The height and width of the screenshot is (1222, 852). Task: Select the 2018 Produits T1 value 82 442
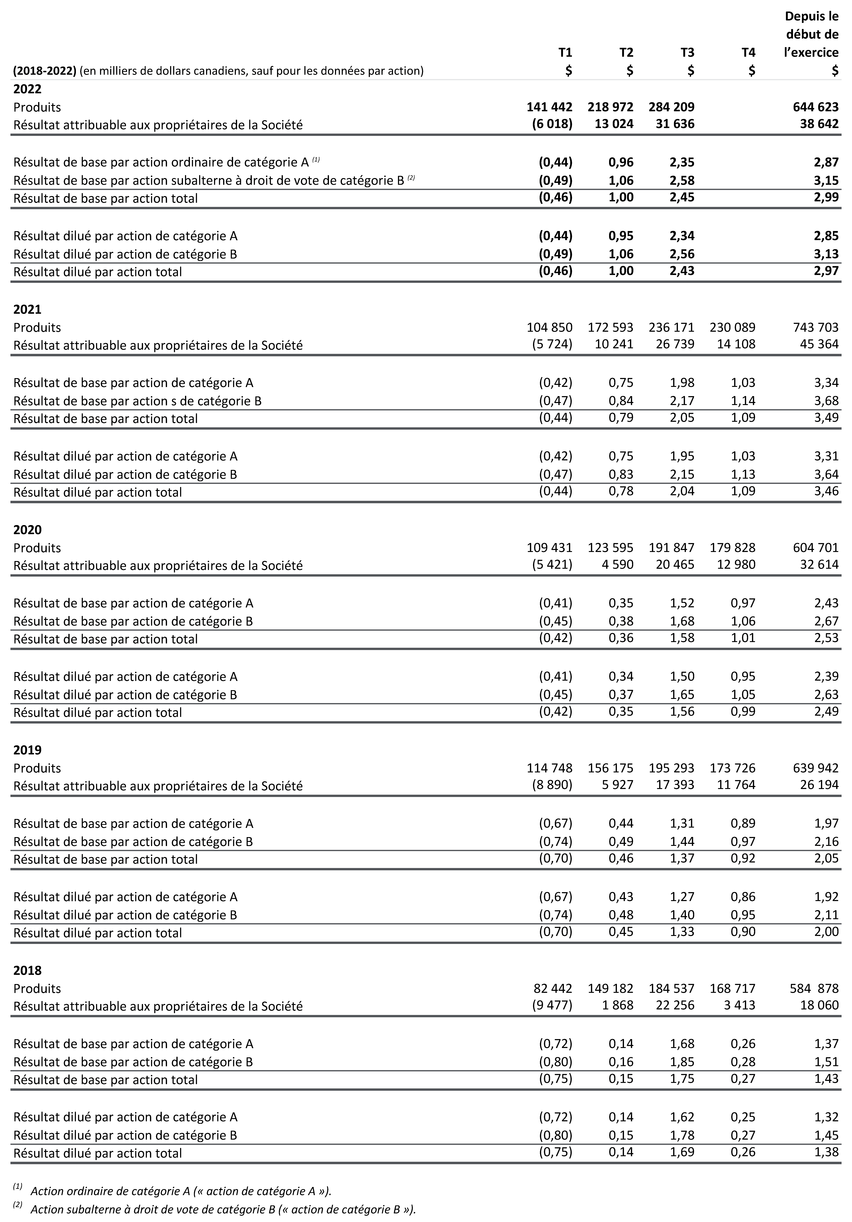click(553, 988)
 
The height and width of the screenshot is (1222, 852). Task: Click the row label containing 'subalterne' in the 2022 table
click(209, 180)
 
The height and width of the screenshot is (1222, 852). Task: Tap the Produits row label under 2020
click(37, 548)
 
